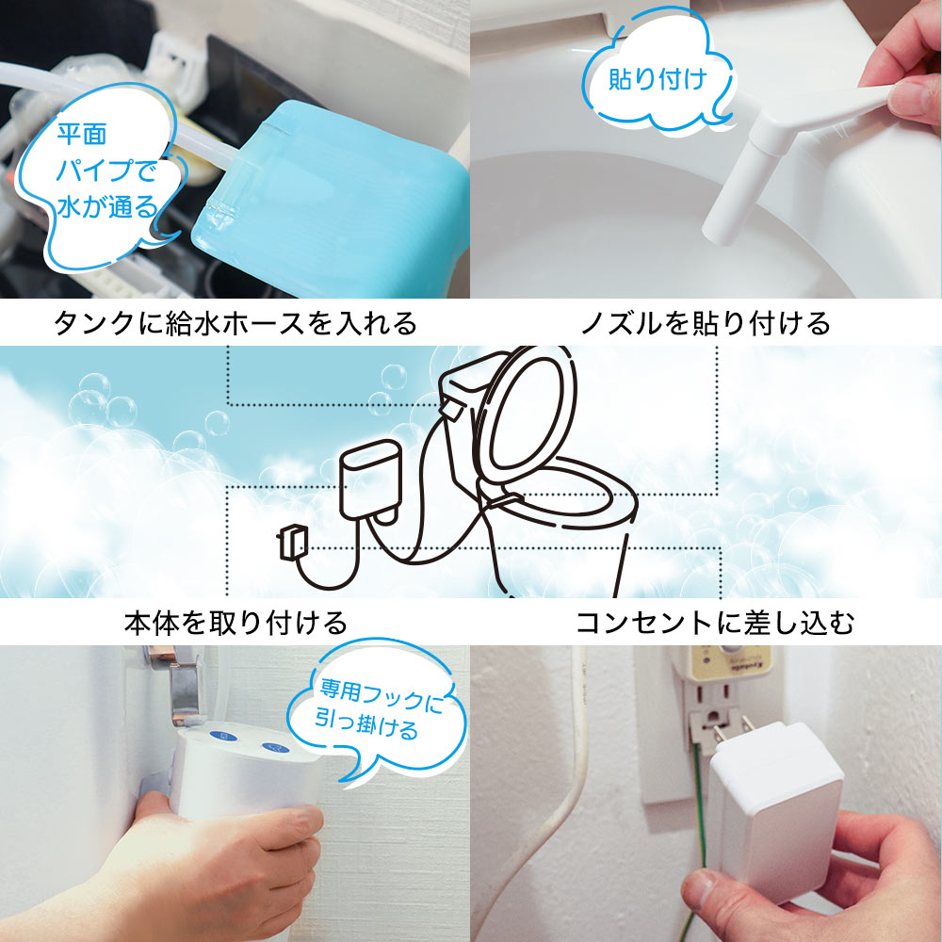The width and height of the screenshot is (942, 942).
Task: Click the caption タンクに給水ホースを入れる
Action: click(x=235, y=324)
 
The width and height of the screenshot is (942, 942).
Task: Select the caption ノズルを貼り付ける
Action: click(x=706, y=324)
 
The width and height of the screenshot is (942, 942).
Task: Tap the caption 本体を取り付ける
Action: click(x=235, y=623)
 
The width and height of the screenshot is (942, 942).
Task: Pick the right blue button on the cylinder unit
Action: click(x=276, y=750)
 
